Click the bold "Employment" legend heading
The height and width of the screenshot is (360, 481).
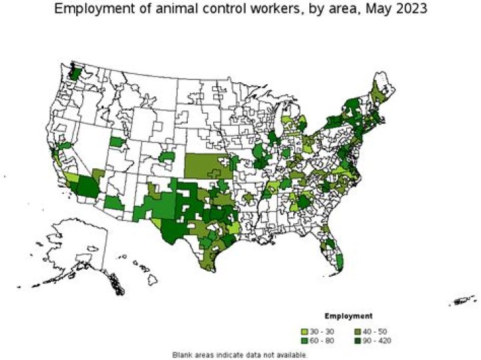pos(348,315)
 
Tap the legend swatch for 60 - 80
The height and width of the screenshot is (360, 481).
pos(305,341)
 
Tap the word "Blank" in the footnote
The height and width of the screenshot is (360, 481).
pos(182,354)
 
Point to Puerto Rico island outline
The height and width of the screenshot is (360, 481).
pos(464,300)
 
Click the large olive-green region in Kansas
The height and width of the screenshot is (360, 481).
pos(208,166)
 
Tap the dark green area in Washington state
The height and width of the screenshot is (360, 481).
pos(75,72)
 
